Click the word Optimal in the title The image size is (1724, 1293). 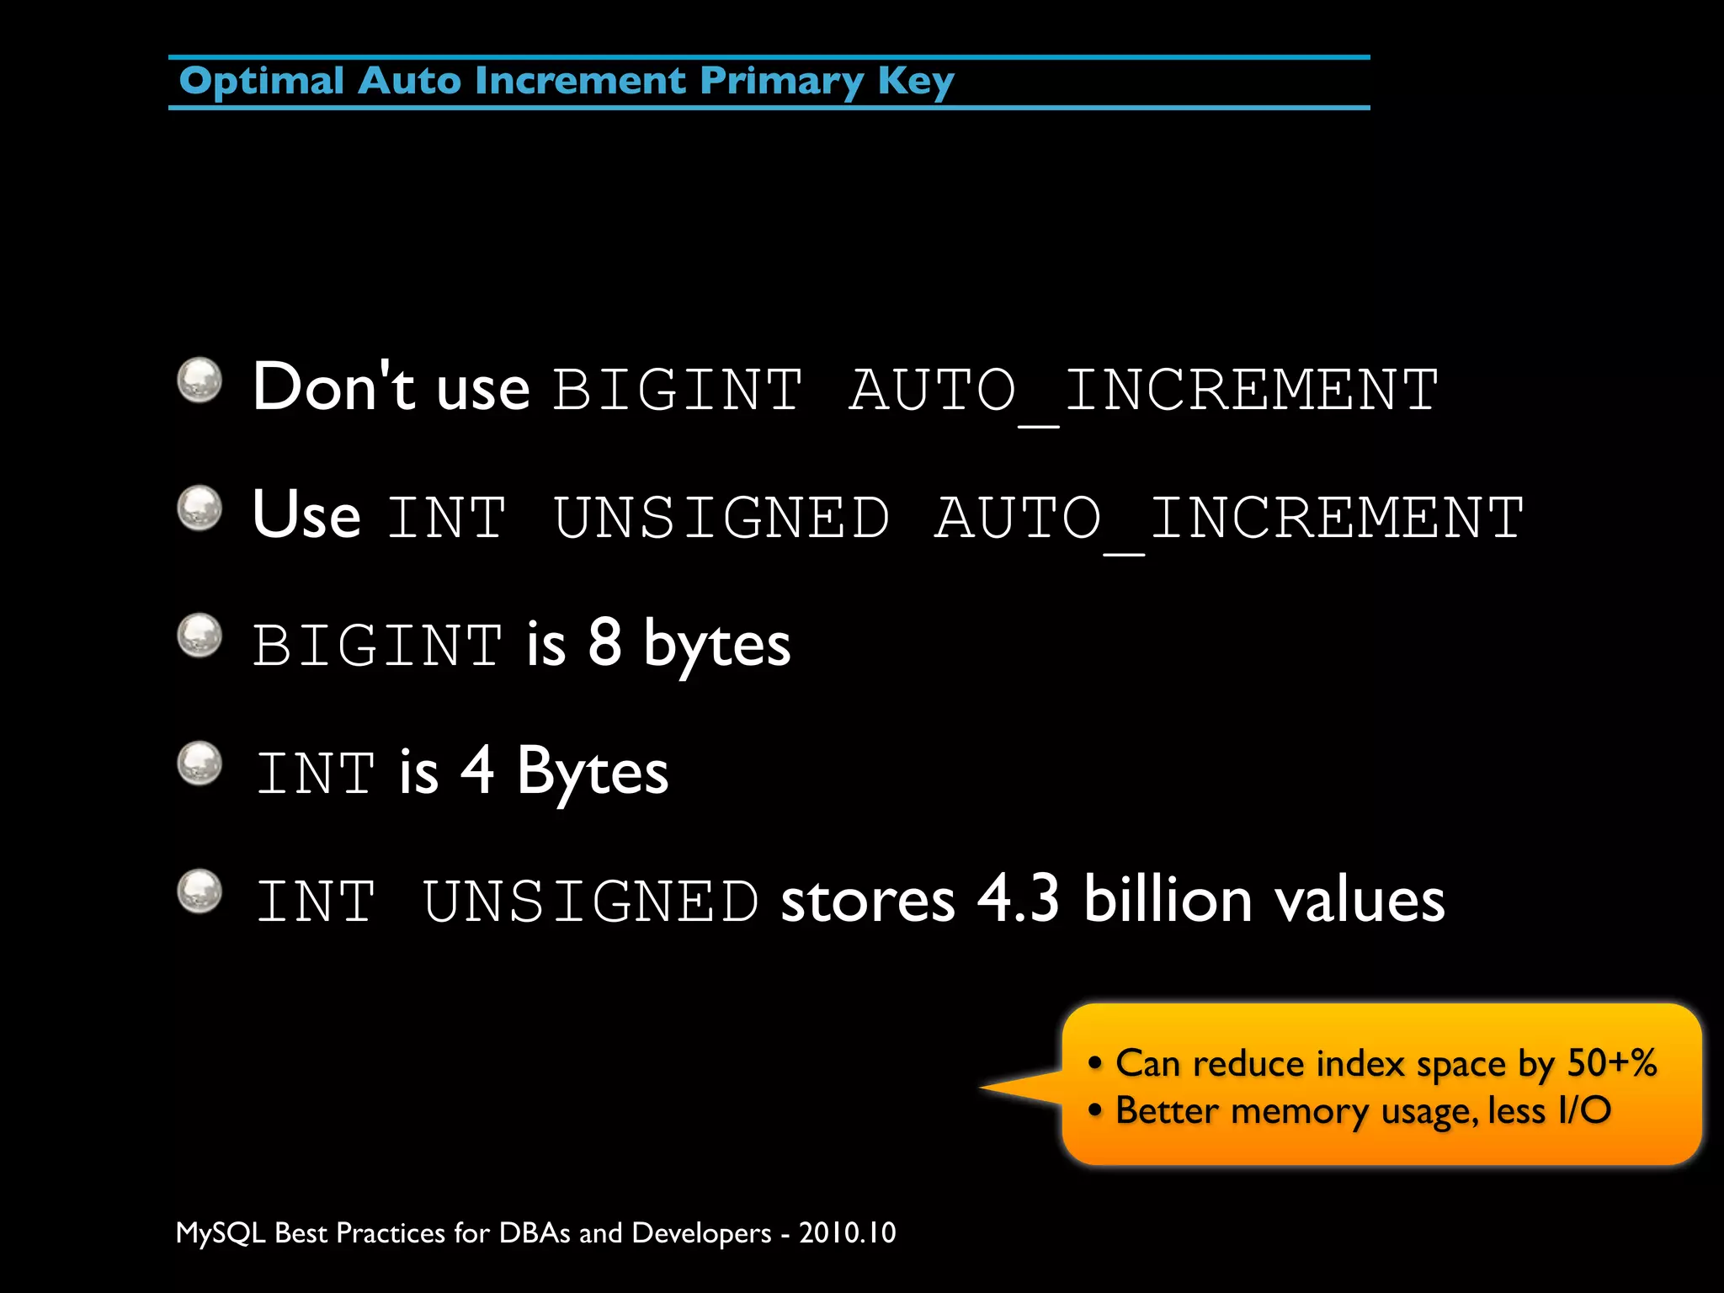[x=261, y=82]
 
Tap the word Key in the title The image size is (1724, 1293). [x=916, y=82]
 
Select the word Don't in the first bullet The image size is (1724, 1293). [x=333, y=387]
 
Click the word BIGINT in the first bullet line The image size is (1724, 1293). [x=678, y=390]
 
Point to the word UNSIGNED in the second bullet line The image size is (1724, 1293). [x=721, y=518]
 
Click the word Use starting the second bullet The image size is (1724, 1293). [x=306, y=515]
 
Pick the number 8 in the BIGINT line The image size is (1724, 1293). [x=604, y=643]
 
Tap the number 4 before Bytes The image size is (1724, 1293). [x=477, y=770]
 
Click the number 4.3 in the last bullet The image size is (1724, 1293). [x=1018, y=899]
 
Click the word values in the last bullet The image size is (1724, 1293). [x=1360, y=899]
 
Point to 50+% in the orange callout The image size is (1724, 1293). [x=1611, y=1063]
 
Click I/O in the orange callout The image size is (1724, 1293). [x=1584, y=1110]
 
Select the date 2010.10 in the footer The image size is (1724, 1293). [x=847, y=1233]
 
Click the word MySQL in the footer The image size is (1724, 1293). [x=221, y=1233]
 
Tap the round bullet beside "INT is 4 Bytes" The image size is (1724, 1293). [x=200, y=764]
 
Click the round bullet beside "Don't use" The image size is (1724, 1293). [x=200, y=380]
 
